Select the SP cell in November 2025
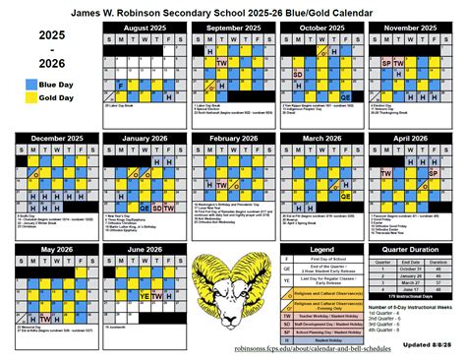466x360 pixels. [385, 64]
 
